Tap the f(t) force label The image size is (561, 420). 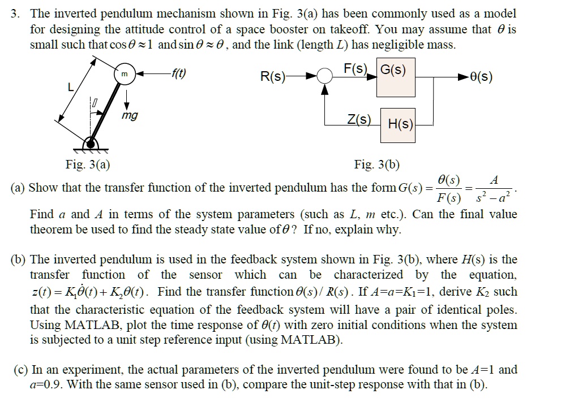[179, 72]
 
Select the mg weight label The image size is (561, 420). [129, 116]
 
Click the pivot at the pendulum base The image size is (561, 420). [90, 142]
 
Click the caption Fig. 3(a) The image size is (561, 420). [88, 165]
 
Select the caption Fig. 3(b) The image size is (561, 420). [377, 165]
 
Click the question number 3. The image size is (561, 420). [15, 13]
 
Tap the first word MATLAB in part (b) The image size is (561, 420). [63, 325]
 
